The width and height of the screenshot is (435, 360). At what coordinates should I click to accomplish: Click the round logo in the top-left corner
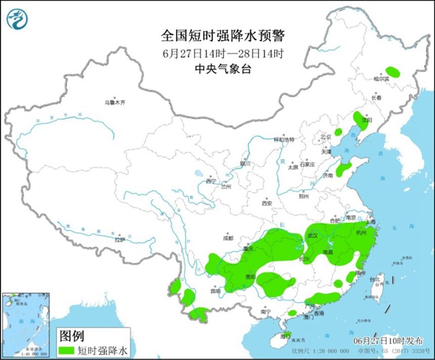pos(18,20)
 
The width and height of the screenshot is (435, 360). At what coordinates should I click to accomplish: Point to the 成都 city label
pos(228,237)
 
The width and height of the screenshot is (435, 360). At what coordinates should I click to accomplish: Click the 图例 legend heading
pos(71,336)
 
